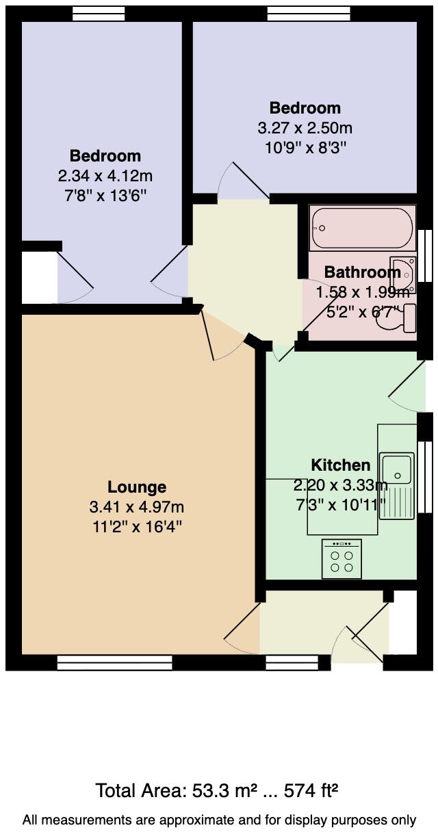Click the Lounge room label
pos(137,487)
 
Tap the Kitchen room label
pos(340,465)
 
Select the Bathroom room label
pos(362,272)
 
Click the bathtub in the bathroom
pos(361,228)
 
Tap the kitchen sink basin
pos(396,469)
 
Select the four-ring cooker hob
pos(342,558)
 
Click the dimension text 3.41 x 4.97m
pos(137,507)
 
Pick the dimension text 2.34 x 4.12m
pos(105,176)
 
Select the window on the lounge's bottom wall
pos(114,662)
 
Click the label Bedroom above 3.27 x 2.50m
pos(305,108)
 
